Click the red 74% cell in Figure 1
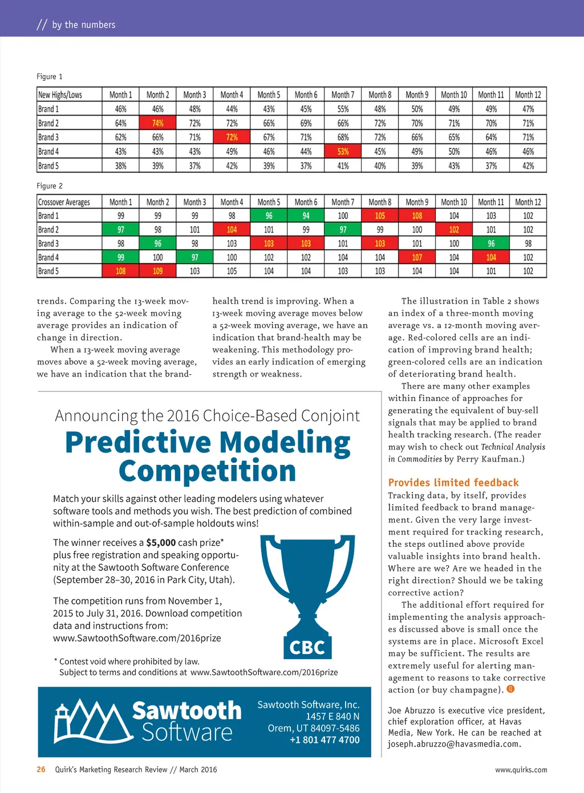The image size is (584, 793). click(157, 123)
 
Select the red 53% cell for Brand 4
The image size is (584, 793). click(343, 152)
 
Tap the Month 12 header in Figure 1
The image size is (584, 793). click(528, 95)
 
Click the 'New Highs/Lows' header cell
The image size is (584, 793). click(60, 95)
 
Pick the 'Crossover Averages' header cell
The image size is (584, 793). click(64, 202)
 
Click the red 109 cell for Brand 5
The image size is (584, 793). click(157, 271)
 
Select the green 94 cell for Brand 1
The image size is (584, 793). click(306, 216)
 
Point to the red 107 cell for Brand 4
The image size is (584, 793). click(417, 257)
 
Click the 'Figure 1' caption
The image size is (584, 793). click(50, 76)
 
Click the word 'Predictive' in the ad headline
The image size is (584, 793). click(138, 443)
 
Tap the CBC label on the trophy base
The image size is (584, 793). click(307, 648)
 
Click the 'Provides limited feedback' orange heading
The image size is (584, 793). click(453, 483)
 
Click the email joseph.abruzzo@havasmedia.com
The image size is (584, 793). click(454, 744)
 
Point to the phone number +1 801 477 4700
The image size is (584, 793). click(325, 740)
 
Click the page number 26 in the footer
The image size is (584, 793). click(41, 770)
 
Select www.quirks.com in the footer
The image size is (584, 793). click(521, 770)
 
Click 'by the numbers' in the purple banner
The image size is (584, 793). click(83, 24)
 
